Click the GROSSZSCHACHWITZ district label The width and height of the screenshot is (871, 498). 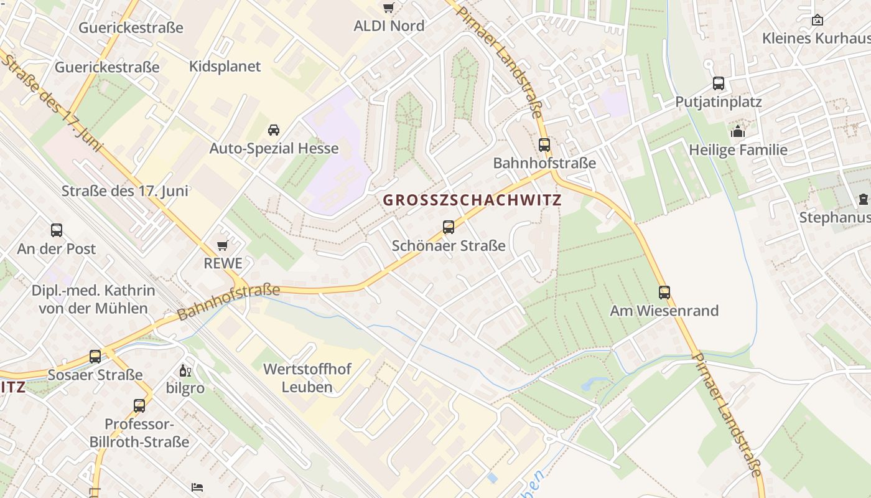coord(472,200)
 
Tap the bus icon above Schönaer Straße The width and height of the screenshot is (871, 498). coord(449,227)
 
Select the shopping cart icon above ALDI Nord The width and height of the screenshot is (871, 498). coord(389,8)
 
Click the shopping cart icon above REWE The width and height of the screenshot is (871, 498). coord(222,245)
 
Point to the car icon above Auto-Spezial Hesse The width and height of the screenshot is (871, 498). coord(273,130)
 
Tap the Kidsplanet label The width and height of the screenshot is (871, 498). coord(225,67)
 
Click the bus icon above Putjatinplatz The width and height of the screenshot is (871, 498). coord(719,83)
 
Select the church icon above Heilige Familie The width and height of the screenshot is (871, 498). coord(738,131)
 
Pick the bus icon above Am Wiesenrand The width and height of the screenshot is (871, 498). coord(664,292)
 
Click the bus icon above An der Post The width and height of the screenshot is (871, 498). coord(57,230)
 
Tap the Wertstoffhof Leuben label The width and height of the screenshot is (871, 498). coord(307,377)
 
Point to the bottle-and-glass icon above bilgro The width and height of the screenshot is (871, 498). coord(185,371)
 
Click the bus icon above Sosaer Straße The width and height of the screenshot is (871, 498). coord(95,357)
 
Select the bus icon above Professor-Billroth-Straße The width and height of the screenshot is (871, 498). coord(139,406)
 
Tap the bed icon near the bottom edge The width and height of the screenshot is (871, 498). coord(198,486)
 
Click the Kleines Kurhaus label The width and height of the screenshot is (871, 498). coord(816,38)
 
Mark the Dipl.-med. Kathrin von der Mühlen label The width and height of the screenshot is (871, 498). coord(93,299)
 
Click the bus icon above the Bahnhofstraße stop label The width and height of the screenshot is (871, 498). coord(544,145)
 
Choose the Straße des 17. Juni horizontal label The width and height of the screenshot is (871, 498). coord(125,191)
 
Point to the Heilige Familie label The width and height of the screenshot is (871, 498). coord(738,150)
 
